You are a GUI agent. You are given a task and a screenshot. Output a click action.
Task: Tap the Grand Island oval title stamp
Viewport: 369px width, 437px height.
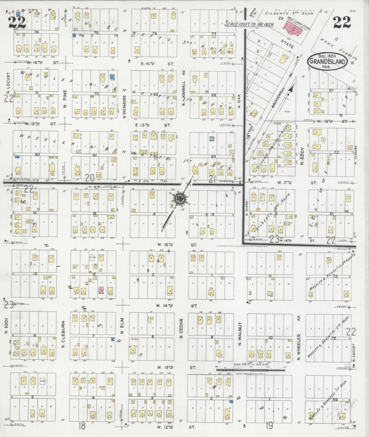pos(327,61)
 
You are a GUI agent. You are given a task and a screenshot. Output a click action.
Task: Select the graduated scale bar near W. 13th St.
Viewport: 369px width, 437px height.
pos(250,369)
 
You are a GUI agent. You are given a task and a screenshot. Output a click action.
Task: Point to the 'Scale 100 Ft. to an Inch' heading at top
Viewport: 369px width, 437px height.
pos(249,24)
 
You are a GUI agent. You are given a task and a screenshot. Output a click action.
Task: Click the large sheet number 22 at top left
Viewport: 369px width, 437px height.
pos(17,23)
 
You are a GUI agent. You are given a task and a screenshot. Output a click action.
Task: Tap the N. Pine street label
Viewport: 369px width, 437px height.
pos(65,99)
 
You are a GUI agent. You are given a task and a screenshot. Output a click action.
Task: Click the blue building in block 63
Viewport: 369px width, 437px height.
pos(212,139)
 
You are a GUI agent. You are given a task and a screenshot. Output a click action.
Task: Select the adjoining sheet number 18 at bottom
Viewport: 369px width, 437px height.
pos(82,426)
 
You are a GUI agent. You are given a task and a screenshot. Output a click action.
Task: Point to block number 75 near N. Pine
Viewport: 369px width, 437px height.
pos(96,33)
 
